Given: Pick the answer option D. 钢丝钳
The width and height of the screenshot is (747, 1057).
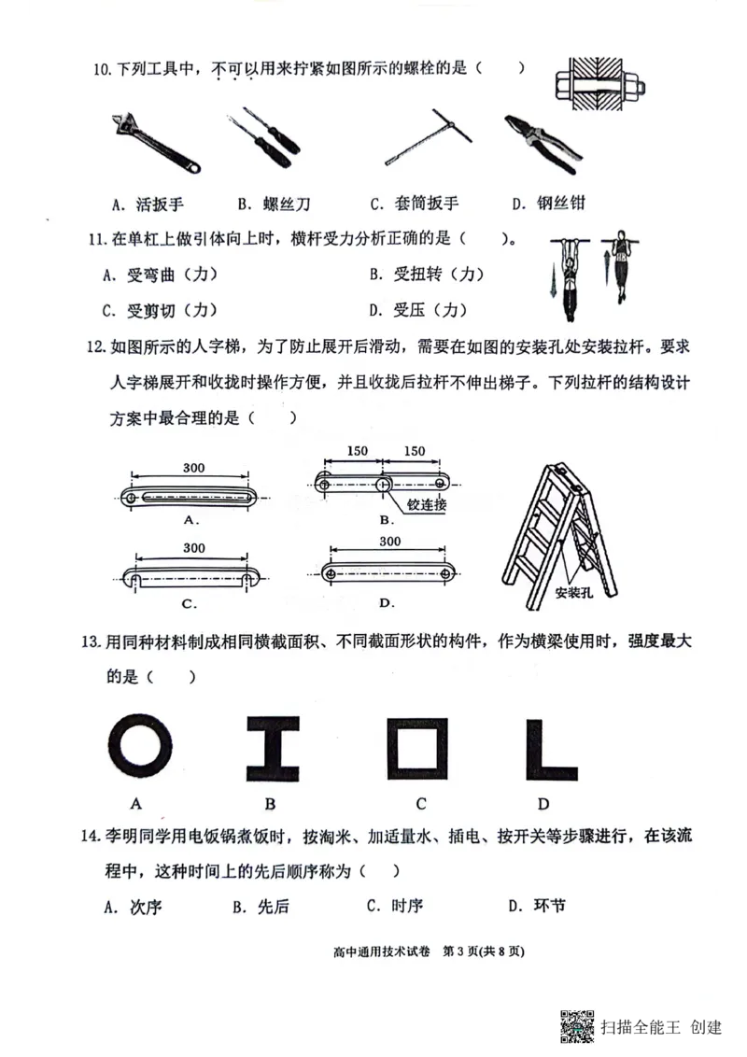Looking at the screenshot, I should coord(548,204).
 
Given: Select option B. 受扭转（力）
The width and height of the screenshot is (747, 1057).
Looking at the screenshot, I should coord(427,274).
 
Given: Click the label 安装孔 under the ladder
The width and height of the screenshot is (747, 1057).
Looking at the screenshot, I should coord(572,592).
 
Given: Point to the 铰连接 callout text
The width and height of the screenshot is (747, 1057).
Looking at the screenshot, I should coord(427,504).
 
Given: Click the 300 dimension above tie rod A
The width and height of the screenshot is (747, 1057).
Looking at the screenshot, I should coord(193,468).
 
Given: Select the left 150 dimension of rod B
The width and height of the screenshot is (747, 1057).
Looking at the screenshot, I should coord(357,451).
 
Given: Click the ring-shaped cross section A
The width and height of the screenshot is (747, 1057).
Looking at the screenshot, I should coord(140,747).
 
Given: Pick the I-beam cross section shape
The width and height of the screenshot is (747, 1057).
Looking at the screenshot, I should coord(273,748).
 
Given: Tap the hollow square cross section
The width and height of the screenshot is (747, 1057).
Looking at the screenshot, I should coord(416,747).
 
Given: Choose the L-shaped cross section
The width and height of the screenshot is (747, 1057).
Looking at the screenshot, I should coord(551,748).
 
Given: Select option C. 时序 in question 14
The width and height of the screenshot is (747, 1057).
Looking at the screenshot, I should coord(395,906).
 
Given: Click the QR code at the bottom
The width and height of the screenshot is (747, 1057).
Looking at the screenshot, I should coord(577,1026).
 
